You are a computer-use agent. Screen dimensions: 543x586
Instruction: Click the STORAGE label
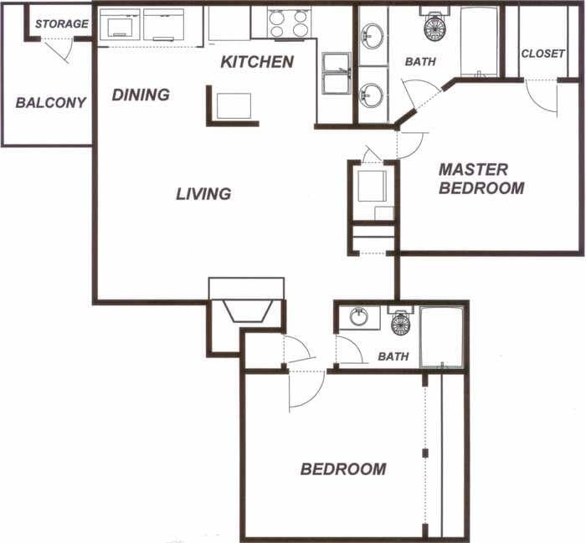point(61,23)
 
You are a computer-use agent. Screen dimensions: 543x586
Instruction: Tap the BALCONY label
point(50,103)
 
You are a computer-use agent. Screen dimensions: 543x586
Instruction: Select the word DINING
point(141,95)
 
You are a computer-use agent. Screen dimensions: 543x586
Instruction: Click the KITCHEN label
point(257,62)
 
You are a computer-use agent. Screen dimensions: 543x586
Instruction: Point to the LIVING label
point(203,194)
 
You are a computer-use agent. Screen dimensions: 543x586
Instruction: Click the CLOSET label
point(542,54)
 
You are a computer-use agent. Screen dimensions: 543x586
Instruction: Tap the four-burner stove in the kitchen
point(289,23)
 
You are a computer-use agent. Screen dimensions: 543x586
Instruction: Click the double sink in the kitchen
point(337,74)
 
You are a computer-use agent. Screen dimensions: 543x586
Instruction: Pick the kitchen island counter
point(233,106)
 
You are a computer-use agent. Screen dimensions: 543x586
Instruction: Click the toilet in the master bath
point(435,27)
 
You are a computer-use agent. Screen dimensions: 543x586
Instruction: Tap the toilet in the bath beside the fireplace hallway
point(401,322)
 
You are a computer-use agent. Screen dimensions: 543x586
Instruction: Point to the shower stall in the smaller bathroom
point(441,336)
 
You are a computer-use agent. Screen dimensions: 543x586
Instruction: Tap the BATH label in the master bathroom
point(420,62)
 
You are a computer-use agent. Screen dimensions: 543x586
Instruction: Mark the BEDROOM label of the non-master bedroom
point(343,469)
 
